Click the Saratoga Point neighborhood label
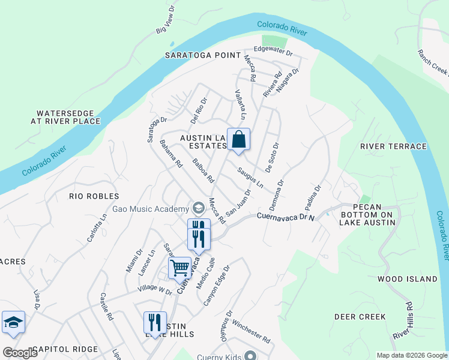point(203,55)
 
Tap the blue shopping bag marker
point(238,139)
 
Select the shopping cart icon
point(179,268)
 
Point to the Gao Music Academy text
point(151,209)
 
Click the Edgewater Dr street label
point(273,52)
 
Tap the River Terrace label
point(393,146)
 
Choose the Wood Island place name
point(407,279)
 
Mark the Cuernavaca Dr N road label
point(286,217)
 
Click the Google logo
point(19,352)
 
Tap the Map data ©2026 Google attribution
point(411,355)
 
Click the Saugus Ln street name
point(250,178)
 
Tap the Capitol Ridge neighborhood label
point(65,349)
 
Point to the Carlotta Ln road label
point(97,227)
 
